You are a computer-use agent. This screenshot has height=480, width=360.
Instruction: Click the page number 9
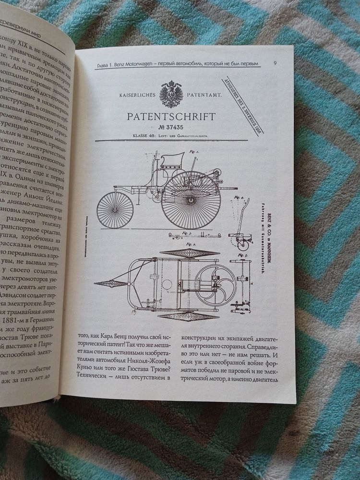pyautogui.click(x=274, y=62)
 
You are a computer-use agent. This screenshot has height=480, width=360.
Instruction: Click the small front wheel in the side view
pyautogui.click(x=115, y=210)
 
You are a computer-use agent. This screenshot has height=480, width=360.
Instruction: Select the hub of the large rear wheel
pyautogui.click(x=191, y=199)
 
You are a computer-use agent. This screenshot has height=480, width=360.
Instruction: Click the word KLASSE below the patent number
pyautogui.click(x=123, y=137)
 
